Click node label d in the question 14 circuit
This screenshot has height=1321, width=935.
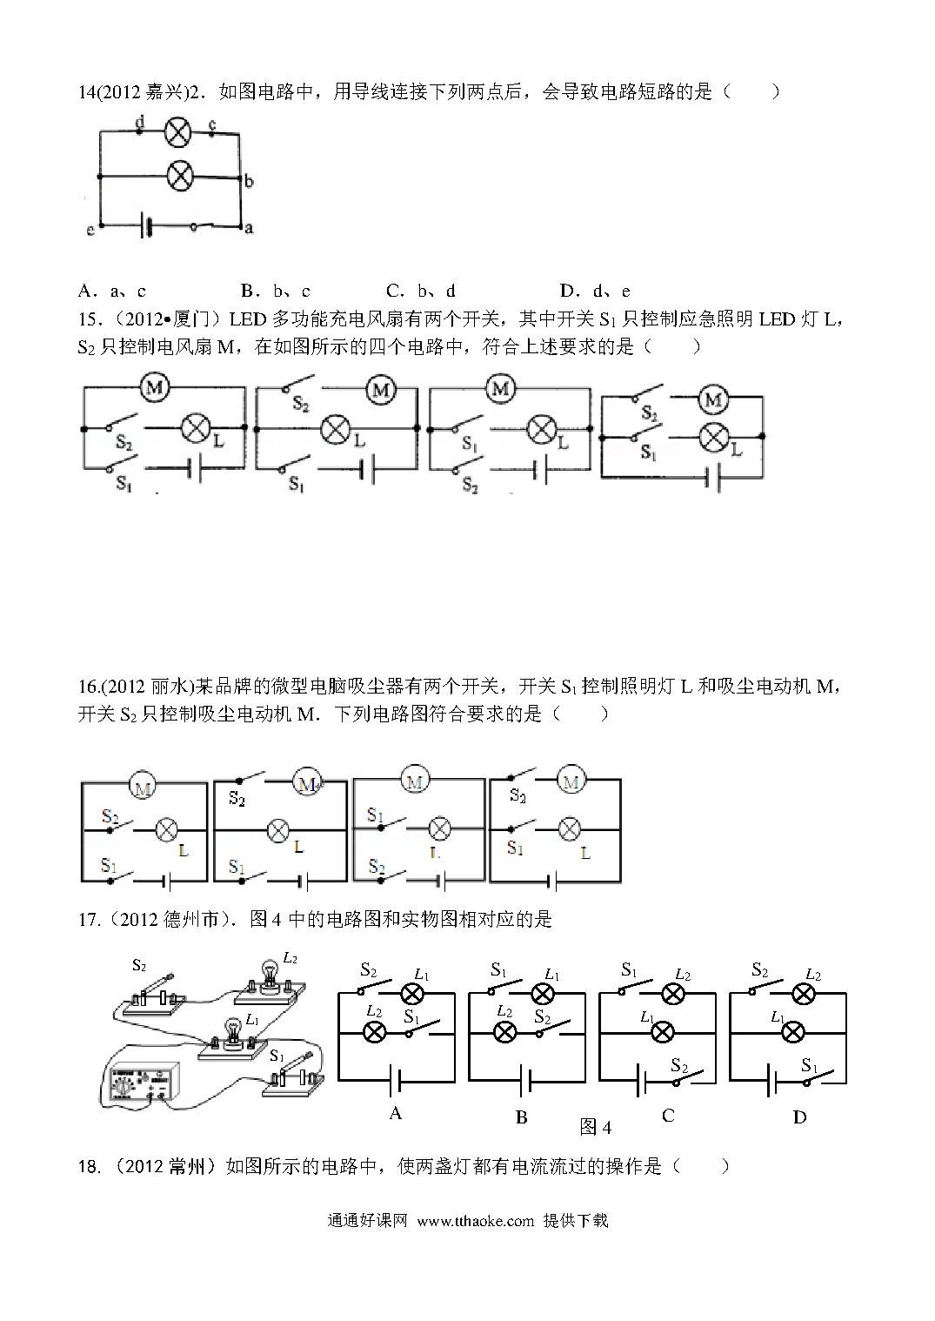140,122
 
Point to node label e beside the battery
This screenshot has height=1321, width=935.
90,230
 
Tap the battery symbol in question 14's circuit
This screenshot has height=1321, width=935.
145,226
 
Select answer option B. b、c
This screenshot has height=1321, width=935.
276,291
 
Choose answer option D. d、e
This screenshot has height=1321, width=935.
595,291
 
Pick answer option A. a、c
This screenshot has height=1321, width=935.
112,291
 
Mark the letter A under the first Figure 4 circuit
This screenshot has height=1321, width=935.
396,1113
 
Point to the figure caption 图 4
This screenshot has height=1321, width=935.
596,1127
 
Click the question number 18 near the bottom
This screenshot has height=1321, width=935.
88,1166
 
